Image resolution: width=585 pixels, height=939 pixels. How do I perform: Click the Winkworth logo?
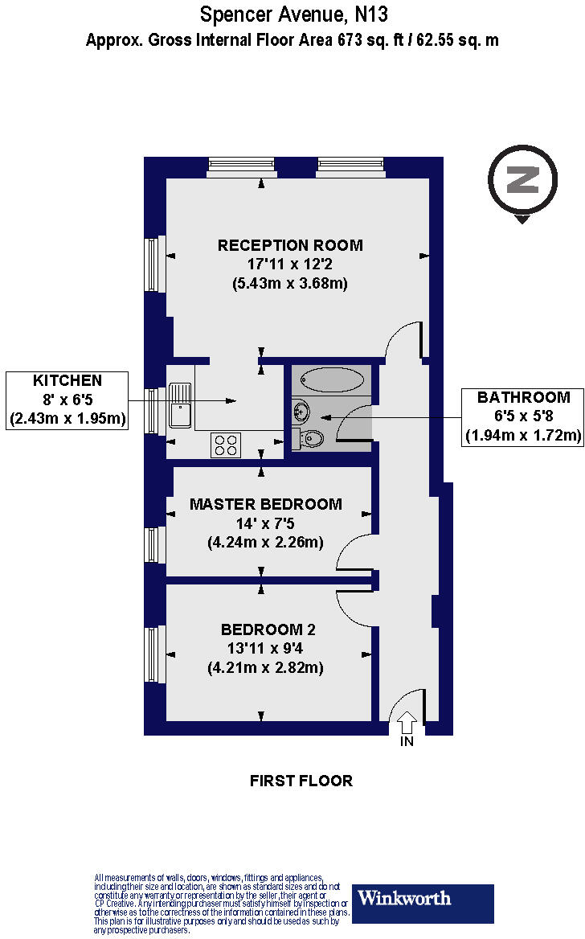423,903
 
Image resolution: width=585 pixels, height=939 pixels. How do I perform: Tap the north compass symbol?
522,181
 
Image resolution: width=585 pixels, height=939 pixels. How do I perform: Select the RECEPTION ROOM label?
290,245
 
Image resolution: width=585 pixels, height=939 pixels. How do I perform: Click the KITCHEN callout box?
67,400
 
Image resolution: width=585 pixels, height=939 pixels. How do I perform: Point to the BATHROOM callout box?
523,416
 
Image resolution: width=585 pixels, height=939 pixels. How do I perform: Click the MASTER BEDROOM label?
266,504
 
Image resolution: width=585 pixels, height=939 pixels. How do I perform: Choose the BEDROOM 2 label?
266,629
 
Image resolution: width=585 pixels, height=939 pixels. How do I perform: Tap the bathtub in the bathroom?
331,379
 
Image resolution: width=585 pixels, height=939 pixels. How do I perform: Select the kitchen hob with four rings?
226,445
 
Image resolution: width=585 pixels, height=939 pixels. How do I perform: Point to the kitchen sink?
179,404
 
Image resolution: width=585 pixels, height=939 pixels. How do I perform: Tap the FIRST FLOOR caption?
301,781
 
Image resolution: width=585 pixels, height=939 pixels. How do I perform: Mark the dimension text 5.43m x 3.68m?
290,283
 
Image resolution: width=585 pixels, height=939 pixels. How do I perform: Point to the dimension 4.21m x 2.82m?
266,667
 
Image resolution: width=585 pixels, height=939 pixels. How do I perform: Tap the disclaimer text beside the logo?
222,903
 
